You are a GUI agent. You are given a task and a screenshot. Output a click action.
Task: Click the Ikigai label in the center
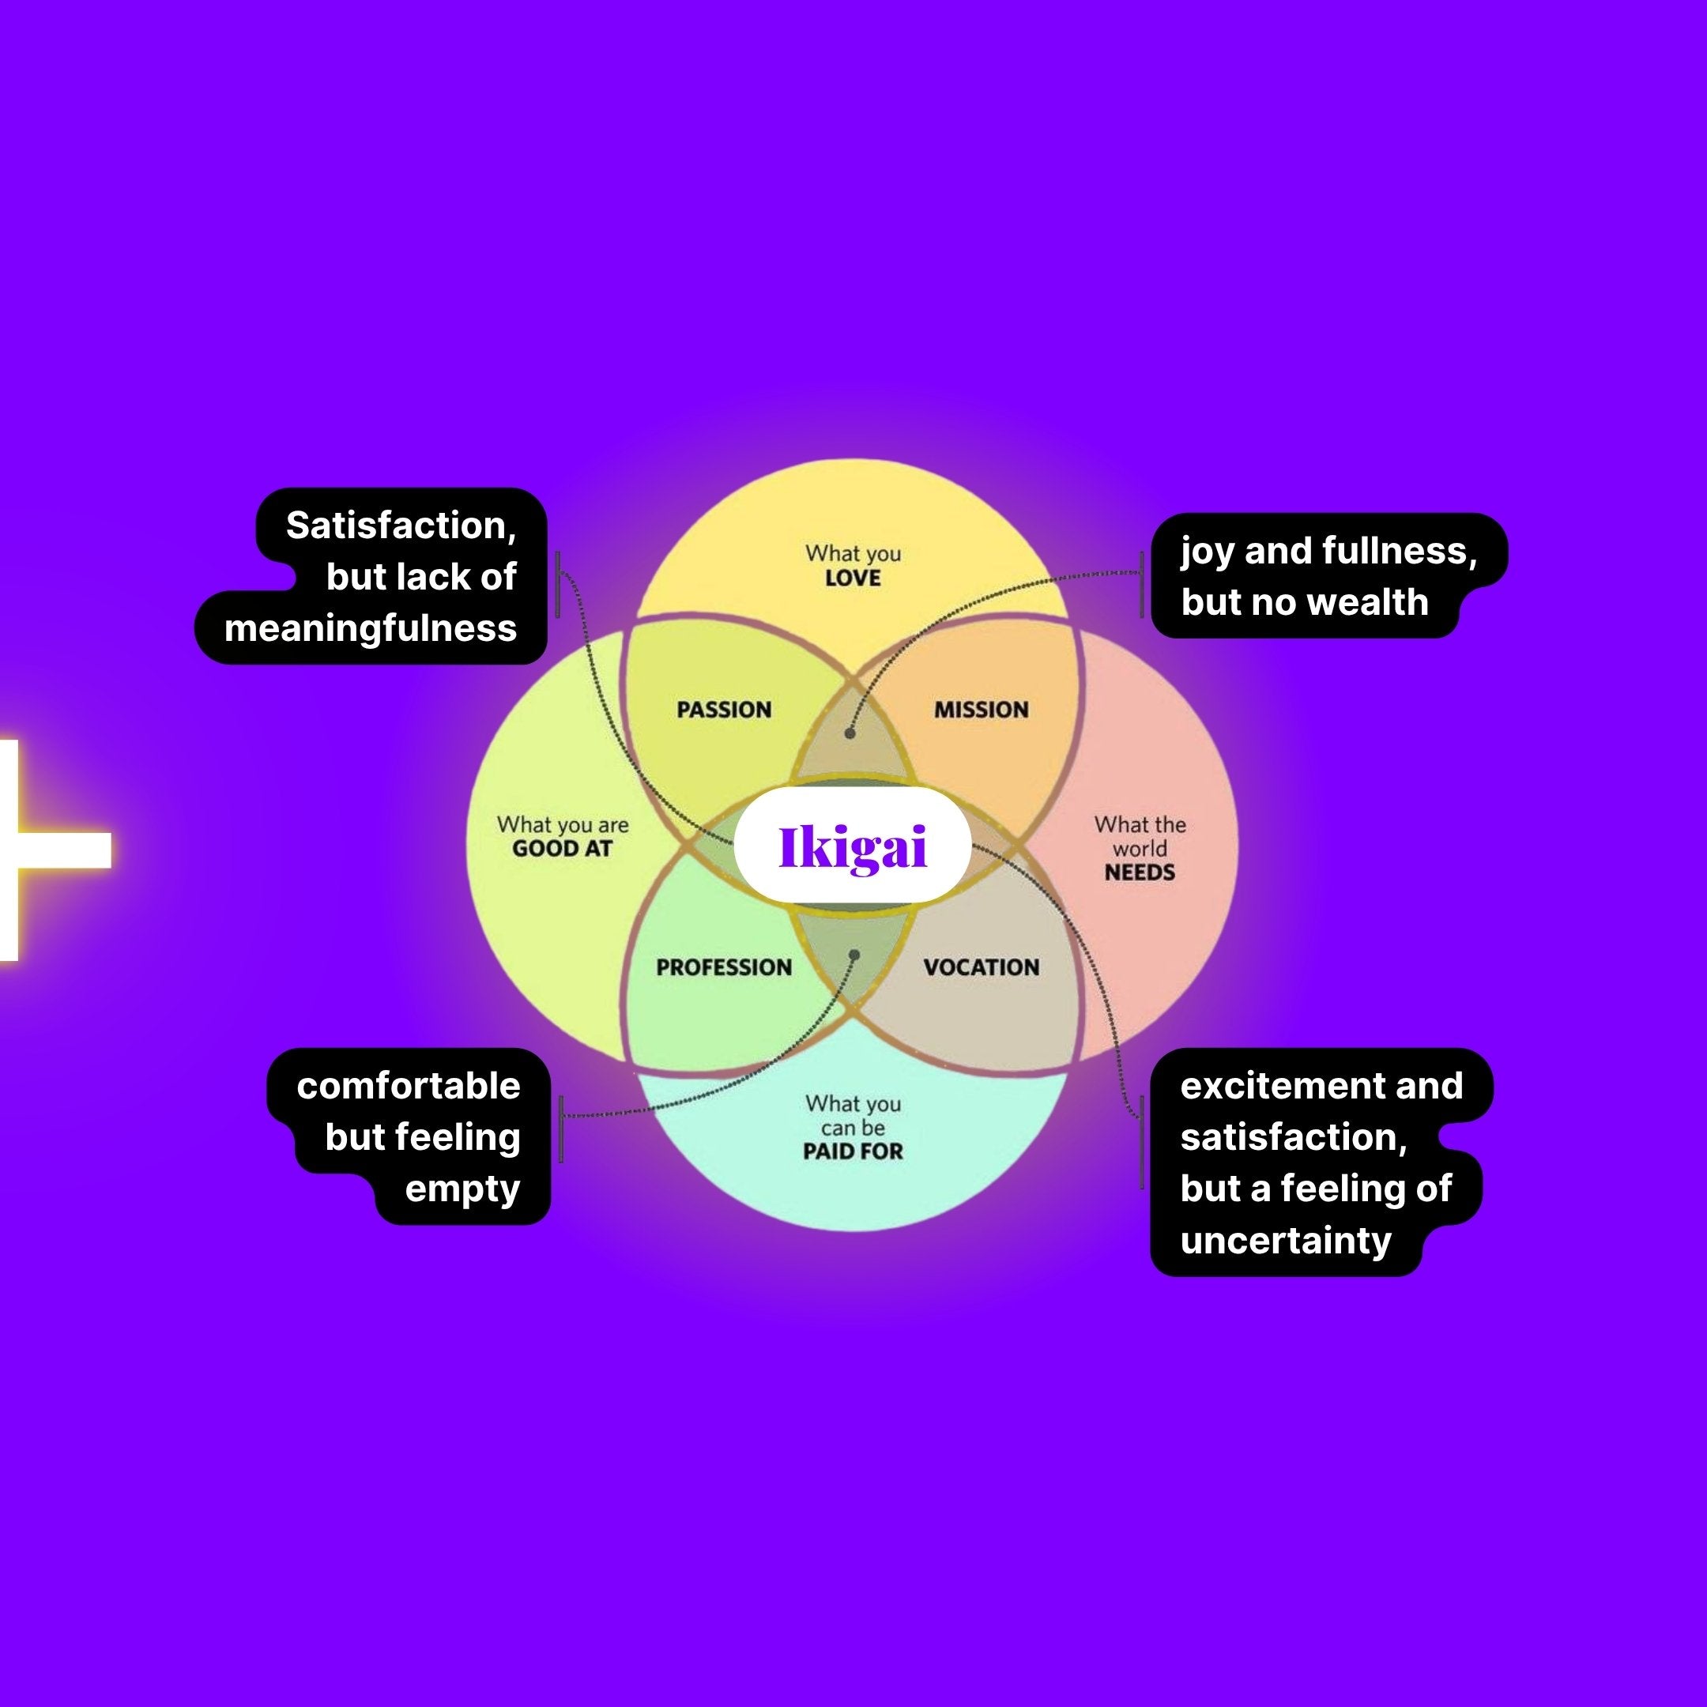(853, 846)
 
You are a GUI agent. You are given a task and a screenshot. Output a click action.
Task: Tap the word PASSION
(724, 710)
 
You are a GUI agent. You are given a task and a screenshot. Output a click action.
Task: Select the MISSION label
(981, 710)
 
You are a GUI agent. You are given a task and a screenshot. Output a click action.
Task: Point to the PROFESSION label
(724, 967)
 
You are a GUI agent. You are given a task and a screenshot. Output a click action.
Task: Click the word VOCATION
(981, 967)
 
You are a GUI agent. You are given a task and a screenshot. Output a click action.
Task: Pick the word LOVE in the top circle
(853, 578)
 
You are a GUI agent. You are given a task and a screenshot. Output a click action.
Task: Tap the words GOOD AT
(562, 849)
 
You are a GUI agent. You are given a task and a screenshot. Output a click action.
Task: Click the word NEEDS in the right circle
(1140, 873)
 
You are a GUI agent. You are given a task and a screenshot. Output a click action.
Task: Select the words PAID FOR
(853, 1151)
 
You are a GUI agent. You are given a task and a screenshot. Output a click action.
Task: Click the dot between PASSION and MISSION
(850, 733)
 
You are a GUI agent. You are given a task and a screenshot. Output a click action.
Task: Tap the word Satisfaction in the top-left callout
(400, 526)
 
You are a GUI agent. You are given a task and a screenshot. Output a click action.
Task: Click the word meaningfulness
(370, 629)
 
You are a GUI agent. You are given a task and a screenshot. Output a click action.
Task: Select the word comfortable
(409, 1087)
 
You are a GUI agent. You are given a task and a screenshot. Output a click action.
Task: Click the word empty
(462, 1189)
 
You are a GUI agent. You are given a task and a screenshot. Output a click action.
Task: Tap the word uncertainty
(1286, 1241)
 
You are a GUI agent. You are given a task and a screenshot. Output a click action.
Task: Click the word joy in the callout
(1207, 552)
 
